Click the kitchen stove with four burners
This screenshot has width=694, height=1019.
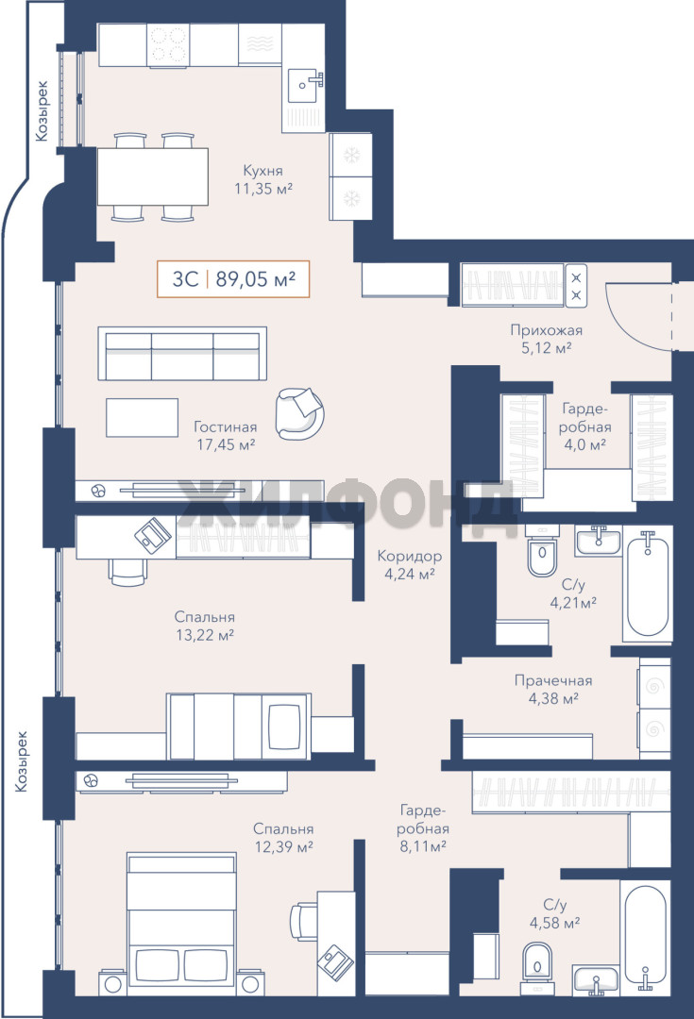coord(168,45)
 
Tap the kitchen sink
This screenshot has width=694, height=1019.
coord(305,86)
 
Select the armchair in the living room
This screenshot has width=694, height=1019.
coord(299,413)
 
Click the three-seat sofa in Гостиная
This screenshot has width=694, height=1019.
coord(182,354)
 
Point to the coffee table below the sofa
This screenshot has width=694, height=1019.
coord(142,417)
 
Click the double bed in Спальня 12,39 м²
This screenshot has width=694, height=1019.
coord(181,924)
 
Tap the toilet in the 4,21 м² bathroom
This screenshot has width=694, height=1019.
coord(542,552)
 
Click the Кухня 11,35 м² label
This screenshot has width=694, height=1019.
coord(262,179)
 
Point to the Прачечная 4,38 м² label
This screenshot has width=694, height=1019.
coord(553,690)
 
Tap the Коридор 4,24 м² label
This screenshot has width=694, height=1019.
coord(410,565)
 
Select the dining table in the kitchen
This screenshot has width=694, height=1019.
coord(153,176)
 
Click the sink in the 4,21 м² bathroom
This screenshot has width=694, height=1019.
coord(598,541)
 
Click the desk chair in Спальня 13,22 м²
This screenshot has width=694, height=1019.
coord(127,572)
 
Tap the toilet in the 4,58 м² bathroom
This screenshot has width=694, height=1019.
coord(536,968)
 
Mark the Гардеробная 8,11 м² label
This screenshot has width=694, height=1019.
coord(423,828)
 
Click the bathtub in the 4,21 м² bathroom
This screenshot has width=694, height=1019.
coord(647,585)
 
